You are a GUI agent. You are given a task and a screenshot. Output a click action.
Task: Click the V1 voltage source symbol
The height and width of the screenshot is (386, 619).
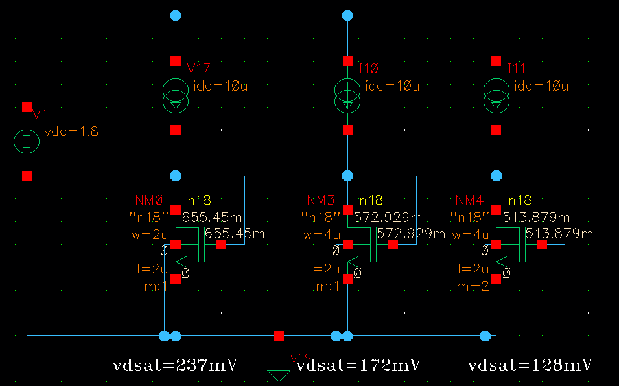coord(27,141)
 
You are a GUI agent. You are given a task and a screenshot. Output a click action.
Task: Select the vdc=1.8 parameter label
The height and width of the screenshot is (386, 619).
coord(71,132)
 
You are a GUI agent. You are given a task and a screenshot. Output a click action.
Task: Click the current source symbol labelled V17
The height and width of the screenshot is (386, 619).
coord(176,95)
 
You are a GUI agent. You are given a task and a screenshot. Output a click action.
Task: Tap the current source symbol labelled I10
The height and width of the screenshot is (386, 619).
coord(348,95)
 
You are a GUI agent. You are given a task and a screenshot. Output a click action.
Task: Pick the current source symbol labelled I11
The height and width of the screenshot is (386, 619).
coord(496,95)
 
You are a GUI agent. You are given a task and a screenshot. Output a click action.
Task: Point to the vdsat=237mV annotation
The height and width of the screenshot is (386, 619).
coord(174,365)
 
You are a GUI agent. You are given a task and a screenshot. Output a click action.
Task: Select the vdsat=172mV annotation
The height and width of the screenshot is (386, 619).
coord(358,365)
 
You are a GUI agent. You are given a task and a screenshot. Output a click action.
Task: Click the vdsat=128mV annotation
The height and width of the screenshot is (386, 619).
coord(530,365)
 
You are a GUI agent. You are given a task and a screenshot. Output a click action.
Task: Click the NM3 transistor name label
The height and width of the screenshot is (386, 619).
coord(320,201)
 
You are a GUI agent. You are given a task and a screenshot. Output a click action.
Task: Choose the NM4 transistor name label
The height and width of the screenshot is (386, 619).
coord(470,201)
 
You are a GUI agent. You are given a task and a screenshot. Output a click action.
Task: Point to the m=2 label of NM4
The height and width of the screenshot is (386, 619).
coord(476,285)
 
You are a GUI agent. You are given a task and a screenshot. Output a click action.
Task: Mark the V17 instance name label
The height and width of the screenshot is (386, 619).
coord(198,69)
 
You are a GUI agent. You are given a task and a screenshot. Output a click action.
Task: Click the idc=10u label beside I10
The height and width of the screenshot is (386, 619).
coord(392,86)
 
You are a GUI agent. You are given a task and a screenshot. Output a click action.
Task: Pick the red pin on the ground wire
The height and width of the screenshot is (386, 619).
coord(279,336)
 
